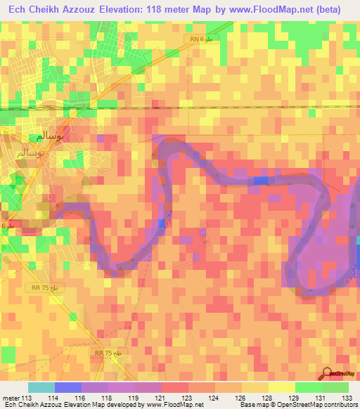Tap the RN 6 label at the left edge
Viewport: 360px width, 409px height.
[x=6, y=226]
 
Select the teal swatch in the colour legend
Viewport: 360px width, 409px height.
[x=41, y=387]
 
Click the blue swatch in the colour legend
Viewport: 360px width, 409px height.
[x=67, y=387]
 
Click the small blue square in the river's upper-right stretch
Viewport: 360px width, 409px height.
[x=261, y=181]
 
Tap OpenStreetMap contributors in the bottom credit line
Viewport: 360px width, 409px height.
[x=323, y=405]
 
